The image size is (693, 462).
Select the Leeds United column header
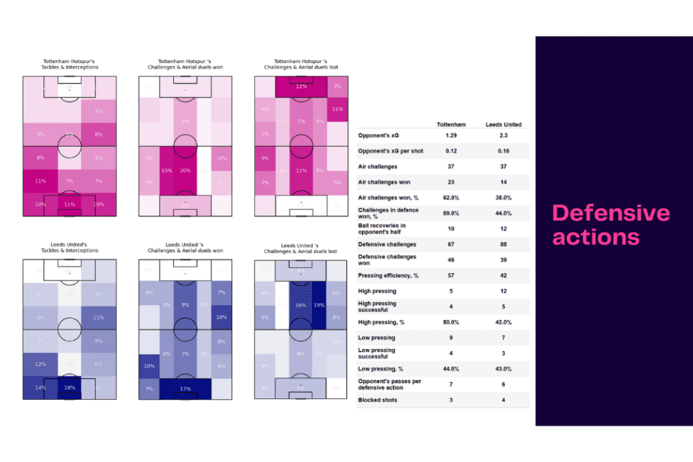(x=504, y=124)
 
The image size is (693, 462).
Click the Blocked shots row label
(x=378, y=400)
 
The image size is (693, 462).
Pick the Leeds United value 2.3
(x=504, y=136)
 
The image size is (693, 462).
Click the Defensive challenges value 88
(x=504, y=244)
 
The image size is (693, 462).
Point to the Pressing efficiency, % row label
(x=388, y=276)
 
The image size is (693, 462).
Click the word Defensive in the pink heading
(x=611, y=213)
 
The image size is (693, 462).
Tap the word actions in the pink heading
(x=596, y=237)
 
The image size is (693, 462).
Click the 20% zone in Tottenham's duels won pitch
(x=185, y=171)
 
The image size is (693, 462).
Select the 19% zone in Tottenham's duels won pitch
(x=166, y=171)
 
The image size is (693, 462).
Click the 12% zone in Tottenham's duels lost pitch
(x=301, y=87)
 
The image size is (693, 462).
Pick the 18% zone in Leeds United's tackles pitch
(x=69, y=388)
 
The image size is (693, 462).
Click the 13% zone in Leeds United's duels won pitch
(x=185, y=388)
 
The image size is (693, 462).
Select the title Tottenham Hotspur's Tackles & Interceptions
(x=70, y=64)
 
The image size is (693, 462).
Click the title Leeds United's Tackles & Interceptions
(x=70, y=247)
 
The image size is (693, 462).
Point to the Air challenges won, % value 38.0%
(x=504, y=197)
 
